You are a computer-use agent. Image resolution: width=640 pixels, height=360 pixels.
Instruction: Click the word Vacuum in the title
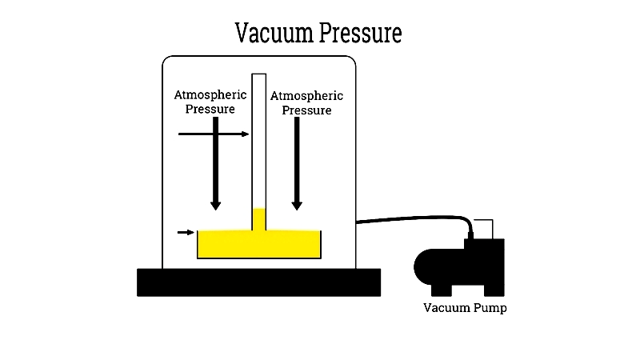[x=274, y=33]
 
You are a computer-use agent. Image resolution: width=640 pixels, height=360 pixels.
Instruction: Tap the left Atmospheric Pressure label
[x=210, y=102]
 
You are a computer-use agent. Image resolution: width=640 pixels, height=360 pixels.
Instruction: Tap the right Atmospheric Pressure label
[x=306, y=103]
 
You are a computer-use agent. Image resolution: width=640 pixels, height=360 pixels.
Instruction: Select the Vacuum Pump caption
[x=465, y=308]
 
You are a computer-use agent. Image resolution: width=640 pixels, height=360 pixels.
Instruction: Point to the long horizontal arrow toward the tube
[x=213, y=134]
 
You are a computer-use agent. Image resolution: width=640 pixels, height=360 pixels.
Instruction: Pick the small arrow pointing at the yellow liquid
[x=186, y=233]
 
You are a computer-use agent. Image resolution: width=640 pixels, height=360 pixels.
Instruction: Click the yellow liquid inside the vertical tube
[x=258, y=219]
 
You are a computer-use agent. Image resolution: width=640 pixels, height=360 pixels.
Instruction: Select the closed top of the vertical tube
[x=258, y=74]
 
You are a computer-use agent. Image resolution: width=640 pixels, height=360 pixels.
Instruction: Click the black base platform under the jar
[x=258, y=282]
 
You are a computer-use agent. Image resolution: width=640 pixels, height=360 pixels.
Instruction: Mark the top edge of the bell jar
[x=258, y=56]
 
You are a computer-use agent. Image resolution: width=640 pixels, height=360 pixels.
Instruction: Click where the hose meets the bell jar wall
[x=357, y=222]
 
